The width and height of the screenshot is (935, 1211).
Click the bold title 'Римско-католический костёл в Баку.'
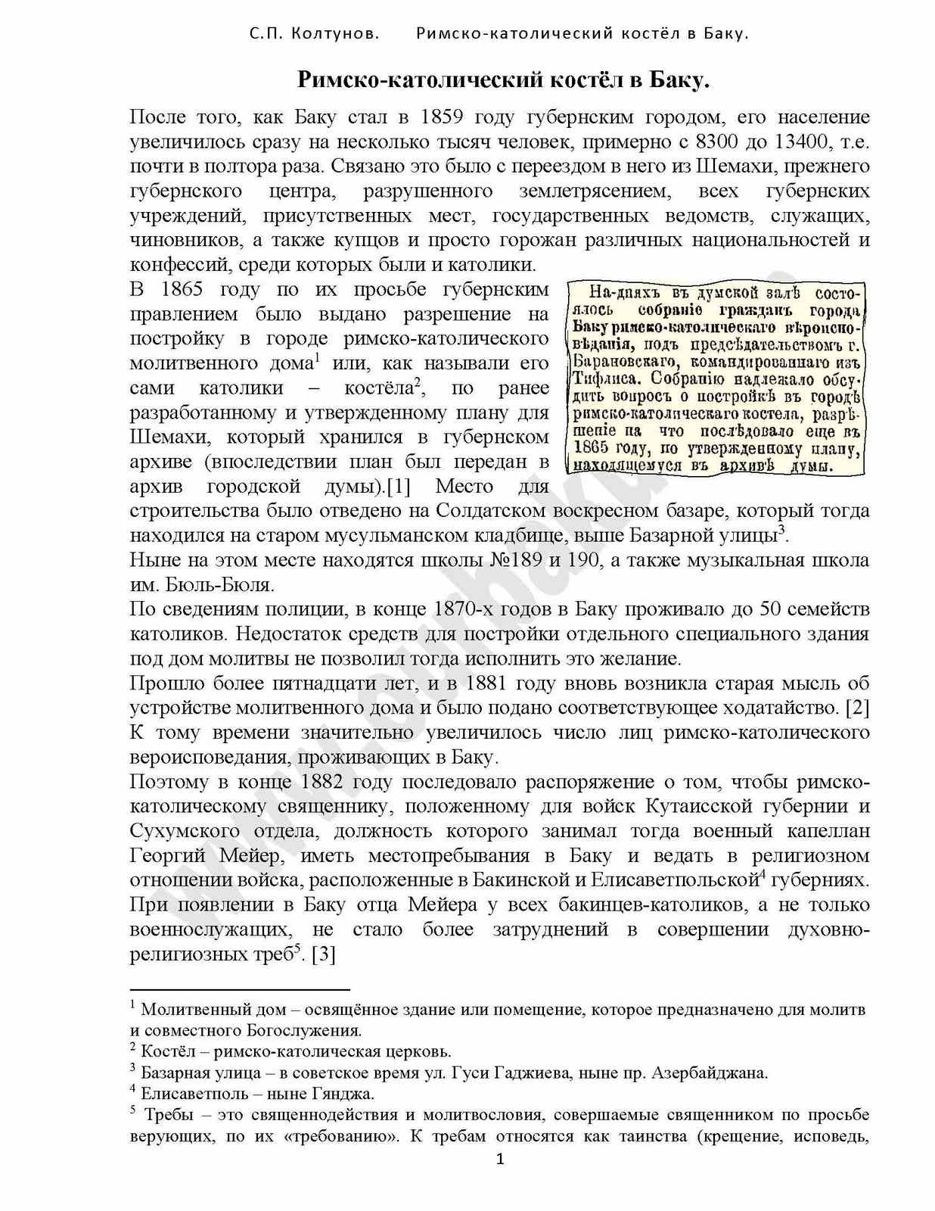tap(502, 79)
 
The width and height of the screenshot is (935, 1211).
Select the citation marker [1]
tap(398, 486)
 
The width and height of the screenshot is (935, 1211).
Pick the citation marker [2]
tap(857, 708)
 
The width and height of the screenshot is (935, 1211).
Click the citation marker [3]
tap(323, 954)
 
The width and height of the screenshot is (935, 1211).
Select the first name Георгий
tap(167, 855)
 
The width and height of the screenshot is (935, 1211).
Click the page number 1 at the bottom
tap(499, 1158)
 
